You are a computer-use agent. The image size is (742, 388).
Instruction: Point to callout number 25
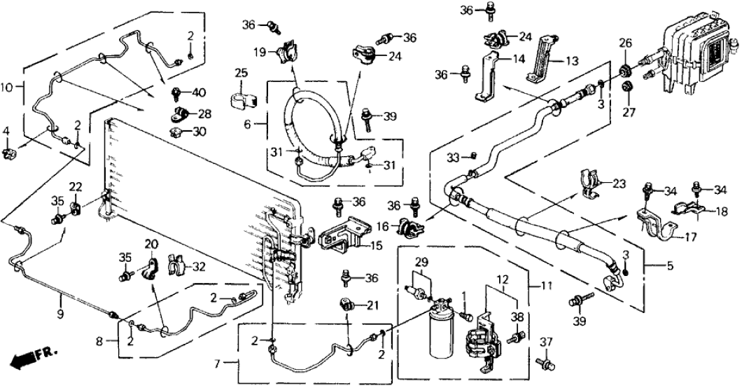(x=241, y=73)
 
